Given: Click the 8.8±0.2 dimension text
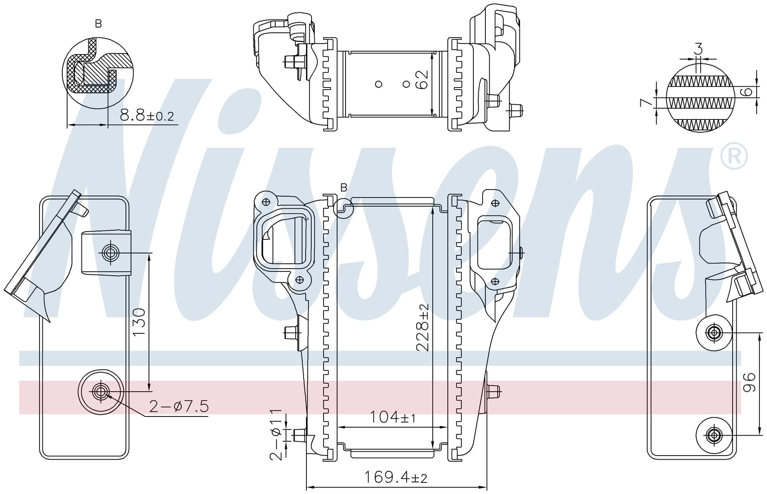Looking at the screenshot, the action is click(x=147, y=116).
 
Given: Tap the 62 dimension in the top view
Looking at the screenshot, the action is click(x=422, y=79).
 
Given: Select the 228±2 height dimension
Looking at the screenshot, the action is click(x=422, y=327).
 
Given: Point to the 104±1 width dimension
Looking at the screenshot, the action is click(x=393, y=417).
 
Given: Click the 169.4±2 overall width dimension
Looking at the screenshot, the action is click(x=396, y=477).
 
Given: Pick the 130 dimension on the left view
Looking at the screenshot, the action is click(x=139, y=322).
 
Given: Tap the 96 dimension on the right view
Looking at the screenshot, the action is click(x=749, y=382).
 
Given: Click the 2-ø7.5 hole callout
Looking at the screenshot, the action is click(x=179, y=406).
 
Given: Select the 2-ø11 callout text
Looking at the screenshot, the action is click(x=276, y=434).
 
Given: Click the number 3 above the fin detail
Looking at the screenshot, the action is click(x=698, y=49).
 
